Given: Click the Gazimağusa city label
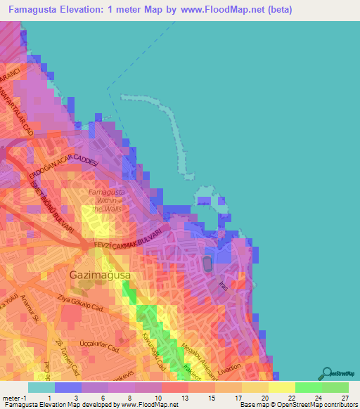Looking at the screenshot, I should pyautogui.click(x=99, y=275).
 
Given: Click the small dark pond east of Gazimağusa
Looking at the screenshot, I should pyautogui.click(x=207, y=264).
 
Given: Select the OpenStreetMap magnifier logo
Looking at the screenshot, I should pyautogui.click(x=326, y=373).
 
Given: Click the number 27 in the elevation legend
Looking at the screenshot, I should pyautogui.click(x=345, y=397).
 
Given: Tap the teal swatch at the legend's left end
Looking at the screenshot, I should pyautogui.click(x=41, y=387).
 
